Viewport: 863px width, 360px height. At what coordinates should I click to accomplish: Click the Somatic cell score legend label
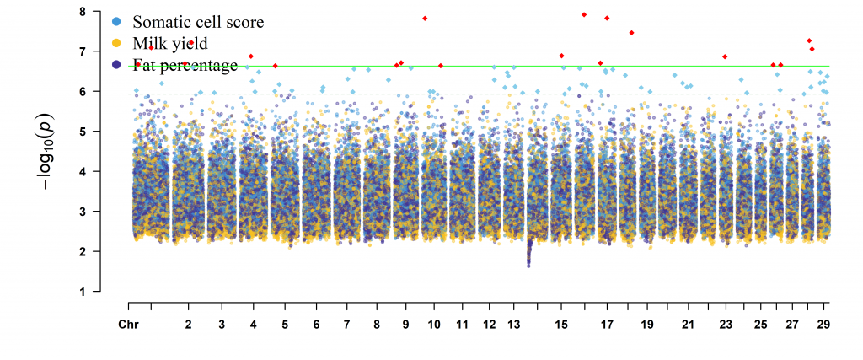(x=198, y=22)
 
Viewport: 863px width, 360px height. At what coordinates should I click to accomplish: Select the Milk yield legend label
(x=170, y=43)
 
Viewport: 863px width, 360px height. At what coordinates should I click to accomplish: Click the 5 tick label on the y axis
(x=82, y=132)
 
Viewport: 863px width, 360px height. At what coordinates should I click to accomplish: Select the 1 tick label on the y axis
(x=82, y=292)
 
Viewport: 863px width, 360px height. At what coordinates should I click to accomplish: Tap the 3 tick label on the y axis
(x=82, y=212)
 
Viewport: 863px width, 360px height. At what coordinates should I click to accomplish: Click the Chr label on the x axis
(x=128, y=325)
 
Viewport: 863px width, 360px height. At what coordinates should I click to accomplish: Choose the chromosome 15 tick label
(x=562, y=325)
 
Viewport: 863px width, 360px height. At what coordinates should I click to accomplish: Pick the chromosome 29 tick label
(x=823, y=325)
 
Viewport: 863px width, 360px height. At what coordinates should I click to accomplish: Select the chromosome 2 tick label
(x=188, y=325)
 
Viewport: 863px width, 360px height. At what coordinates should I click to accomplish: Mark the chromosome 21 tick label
(x=688, y=325)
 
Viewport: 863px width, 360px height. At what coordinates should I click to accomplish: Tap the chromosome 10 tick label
(x=433, y=325)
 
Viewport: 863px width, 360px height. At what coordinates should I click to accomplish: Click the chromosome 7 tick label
(x=346, y=325)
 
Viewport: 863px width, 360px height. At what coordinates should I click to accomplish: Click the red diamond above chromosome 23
(x=725, y=56)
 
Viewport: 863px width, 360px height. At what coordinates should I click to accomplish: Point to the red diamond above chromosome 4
(x=251, y=56)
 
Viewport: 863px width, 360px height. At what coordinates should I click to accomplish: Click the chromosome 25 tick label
(x=760, y=325)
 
